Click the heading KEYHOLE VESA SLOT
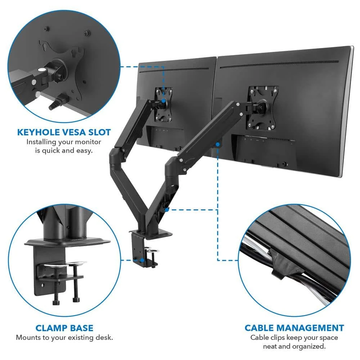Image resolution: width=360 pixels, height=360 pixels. tap(64, 132)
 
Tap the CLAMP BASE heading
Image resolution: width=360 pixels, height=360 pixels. tap(64, 328)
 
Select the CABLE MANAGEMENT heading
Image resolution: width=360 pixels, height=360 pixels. tap(294, 328)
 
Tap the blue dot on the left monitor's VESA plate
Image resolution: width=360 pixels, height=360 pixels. tap(163, 100)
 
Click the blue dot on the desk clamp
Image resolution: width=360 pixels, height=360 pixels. tap(142, 260)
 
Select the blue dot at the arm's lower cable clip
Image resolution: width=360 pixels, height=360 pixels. tap(167, 210)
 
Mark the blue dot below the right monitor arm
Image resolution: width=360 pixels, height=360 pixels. tap(218, 144)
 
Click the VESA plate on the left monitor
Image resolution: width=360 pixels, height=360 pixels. tap(163, 104)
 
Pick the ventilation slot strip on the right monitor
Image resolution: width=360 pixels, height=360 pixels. tap(279, 64)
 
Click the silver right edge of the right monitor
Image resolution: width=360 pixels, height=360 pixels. tap(348, 110)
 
